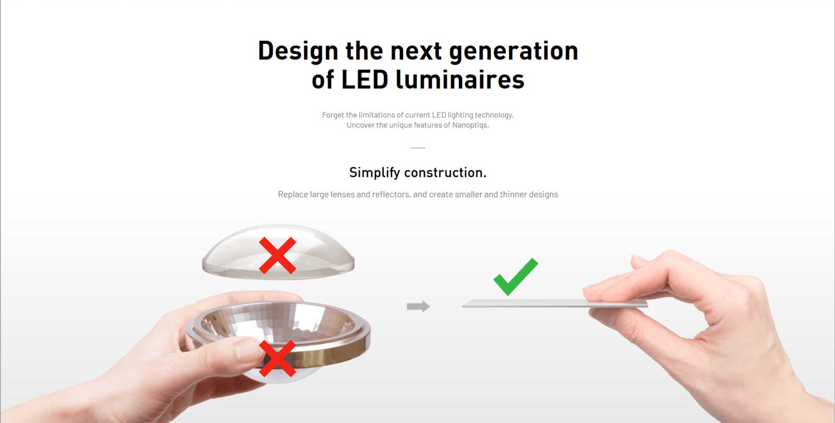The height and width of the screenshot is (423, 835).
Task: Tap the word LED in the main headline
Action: pyautogui.click(x=364, y=80)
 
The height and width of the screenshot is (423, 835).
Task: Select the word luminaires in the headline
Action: pyautogui.click(x=460, y=80)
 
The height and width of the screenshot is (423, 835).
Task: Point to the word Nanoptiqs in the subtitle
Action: pyautogui.click(x=470, y=125)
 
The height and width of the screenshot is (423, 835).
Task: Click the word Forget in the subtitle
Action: pyautogui.click(x=333, y=115)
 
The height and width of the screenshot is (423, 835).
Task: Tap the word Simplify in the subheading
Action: pyautogui.click(x=374, y=173)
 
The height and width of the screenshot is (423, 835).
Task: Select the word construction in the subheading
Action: pyautogui.click(x=445, y=173)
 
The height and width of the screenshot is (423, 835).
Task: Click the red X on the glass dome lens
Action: pyautogui.click(x=277, y=255)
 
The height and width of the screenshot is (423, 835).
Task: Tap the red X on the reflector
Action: pyautogui.click(x=277, y=358)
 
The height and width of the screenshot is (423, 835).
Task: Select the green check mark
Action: pyautogui.click(x=516, y=277)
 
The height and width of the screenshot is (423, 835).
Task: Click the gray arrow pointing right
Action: pyautogui.click(x=418, y=306)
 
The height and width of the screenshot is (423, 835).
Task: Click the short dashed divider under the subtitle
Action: pyautogui.click(x=418, y=148)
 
